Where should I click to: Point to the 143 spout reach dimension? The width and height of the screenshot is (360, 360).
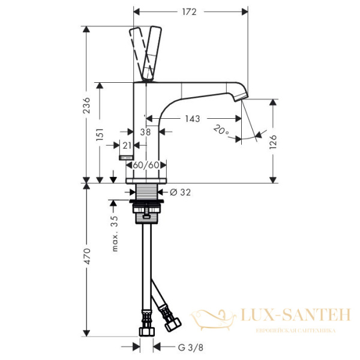pyautogui.click(x=192, y=119)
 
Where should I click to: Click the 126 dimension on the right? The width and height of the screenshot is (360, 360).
pyautogui.click(x=274, y=142)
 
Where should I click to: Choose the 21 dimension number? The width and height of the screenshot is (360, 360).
pyautogui.click(x=127, y=145)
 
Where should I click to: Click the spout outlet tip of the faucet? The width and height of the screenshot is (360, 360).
pyautogui.click(x=244, y=97)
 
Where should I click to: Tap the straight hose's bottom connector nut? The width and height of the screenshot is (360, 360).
pyautogui.click(x=145, y=331)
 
